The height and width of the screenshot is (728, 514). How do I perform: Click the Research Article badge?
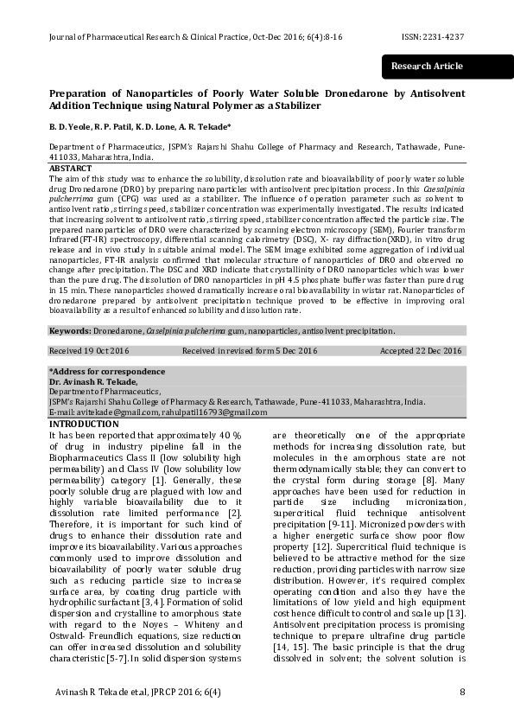pyautogui.click(x=427, y=67)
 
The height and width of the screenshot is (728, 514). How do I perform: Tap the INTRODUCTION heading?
pyautogui.click(x=85, y=424)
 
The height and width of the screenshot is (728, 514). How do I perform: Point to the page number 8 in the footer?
pyautogui.click(x=462, y=692)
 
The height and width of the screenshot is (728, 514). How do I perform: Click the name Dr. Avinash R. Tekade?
pyautogui.click(x=93, y=381)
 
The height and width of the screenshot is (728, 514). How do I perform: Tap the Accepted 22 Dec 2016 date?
pyautogui.click(x=421, y=351)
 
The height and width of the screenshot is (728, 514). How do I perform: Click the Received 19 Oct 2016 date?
pyautogui.click(x=90, y=351)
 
